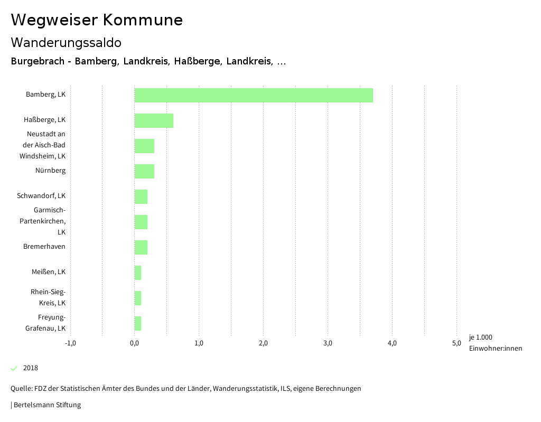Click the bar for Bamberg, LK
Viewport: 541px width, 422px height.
pyautogui.click(x=254, y=95)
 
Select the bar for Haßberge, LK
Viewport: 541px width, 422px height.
pyautogui.click(x=154, y=120)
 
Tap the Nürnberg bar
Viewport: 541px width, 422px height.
pyautogui.click(x=144, y=171)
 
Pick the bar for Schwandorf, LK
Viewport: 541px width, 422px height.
pyautogui.click(x=141, y=196)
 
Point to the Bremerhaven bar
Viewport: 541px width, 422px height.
pyautogui.click(x=141, y=247)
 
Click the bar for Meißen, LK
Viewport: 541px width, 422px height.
pyautogui.click(x=138, y=273)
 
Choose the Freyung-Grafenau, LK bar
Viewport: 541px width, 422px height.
pyautogui.click(x=138, y=323)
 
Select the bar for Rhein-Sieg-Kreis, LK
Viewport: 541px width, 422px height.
pyautogui.click(x=138, y=298)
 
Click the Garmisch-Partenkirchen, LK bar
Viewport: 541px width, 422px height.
pyautogui.click(x=141, y=222)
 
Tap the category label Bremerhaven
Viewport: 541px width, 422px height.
pyautogui.click(x=44, y=247)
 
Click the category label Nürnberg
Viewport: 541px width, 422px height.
pyautogui.click(x=50, y=171)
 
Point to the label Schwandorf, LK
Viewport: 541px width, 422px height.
pyautogui.click(x=41, y=196)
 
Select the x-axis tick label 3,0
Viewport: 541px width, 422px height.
pyautogui.click(x=328, y=343)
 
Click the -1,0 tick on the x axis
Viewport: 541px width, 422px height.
pyautogui.click(x=70, y=343)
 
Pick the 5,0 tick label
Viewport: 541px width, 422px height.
pyautogui.click(x=456, y=343)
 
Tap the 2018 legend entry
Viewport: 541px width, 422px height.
pyautogui.click(x=30, y=368)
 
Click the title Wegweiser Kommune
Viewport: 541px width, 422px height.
pyautogui.click(x=97, y=20)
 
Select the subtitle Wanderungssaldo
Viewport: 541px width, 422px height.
pyautogui.click(x=66, y=42)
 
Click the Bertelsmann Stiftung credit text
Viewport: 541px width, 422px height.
pyautogui.click(x=46, y=405)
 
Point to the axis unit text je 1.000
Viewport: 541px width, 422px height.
pyautogui.click(x=480, y=337)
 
